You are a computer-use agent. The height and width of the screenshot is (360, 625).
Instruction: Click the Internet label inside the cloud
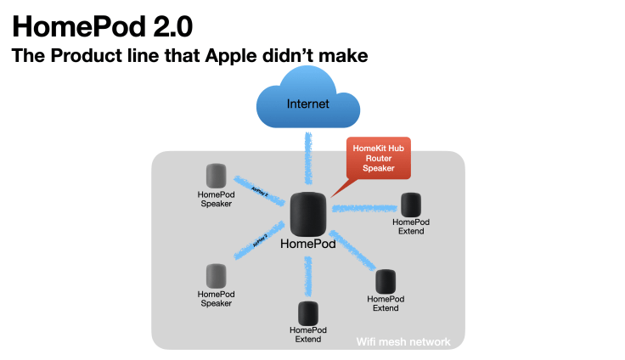[307, 104]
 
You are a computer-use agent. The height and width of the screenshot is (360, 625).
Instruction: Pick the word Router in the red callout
[378, 158]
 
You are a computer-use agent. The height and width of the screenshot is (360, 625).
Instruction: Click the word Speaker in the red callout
[378, 168]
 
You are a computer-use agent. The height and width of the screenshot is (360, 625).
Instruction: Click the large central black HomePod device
[307, 214]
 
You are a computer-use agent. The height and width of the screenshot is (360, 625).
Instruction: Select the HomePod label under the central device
[307, 244]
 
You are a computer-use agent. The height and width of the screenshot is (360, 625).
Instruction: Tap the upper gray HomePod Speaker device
[217, 176]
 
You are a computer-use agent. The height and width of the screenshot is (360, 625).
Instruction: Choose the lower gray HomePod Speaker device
[217, 275]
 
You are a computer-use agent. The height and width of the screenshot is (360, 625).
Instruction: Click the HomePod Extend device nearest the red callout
[411, 204]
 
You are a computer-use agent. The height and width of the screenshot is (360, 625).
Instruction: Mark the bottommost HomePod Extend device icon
[307, 313]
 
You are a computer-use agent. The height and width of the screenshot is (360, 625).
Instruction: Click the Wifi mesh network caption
[403, 342]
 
